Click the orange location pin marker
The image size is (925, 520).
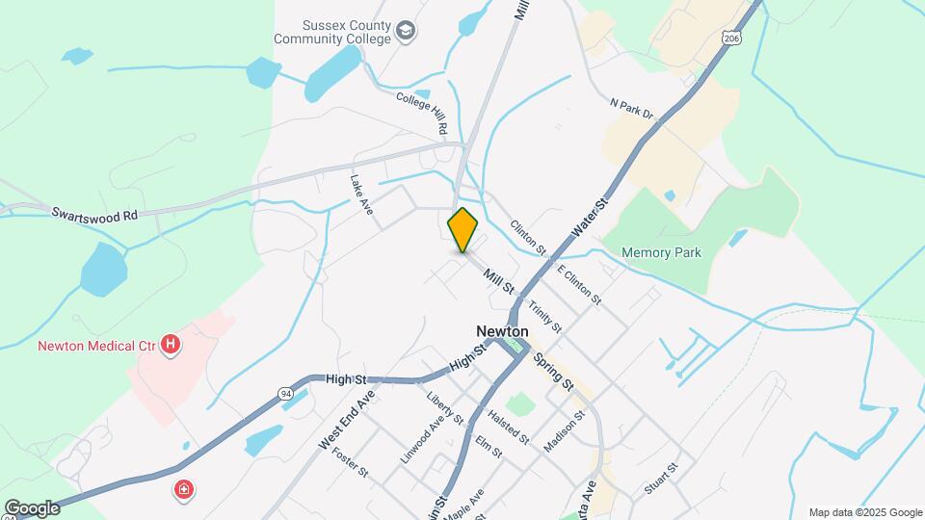pyautogui.click(x=462, y=230)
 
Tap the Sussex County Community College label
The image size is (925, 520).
pyautogui.click(x=332, y=33)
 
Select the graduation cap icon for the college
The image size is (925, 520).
pyautogui.click(x=407, y=32)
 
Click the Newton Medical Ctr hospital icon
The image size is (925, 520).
pyautogui.click(x=171, y=344)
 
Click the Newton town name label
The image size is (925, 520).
pyautogui.click(x=501, y=330)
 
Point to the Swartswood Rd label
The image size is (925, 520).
pyautogui.click(x=95, y=216)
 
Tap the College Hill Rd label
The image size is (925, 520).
pyautogui.click(x=423, y=112)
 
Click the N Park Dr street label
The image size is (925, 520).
pyautogui.click(x=632, y=109)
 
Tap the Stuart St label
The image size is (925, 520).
pyautogui.click(x=662, y=479)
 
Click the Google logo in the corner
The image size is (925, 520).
pyautogui.click(x=32, y=508)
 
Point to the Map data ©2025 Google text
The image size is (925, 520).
pyautogui.click(x=865, y=512)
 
